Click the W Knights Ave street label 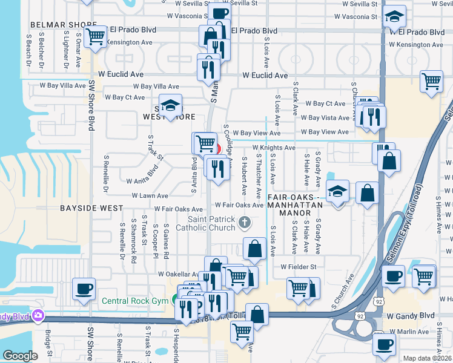(274, 148)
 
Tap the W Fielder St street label (298, 267)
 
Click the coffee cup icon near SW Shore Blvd (83, 289)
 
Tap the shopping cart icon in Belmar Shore (94, 36)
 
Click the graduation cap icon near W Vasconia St (394, 17)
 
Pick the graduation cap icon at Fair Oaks (337, 192)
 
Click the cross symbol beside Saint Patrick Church (245, 223)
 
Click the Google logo (20, 356)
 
